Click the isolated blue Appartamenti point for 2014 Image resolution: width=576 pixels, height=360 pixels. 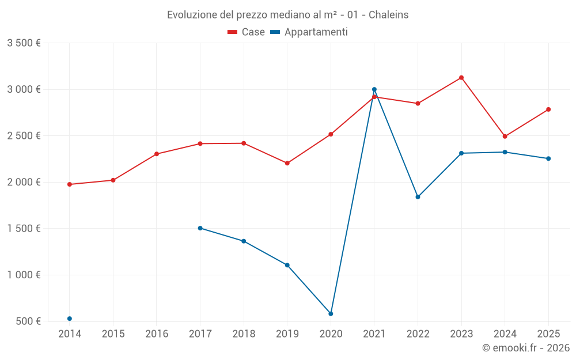pos(70,319)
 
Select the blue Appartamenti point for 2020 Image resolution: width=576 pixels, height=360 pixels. pos(331,314)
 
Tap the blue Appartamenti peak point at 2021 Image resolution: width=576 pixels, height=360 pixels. pos(374,89)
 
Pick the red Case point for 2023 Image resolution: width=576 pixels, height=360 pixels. pos(461,78)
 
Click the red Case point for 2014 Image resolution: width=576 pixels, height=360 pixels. pos(70,184)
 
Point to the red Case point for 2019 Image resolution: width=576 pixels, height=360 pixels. pos(287,163)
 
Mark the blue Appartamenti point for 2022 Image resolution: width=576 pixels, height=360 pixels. pos(418,197)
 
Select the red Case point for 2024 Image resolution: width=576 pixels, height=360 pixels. pos(505,137)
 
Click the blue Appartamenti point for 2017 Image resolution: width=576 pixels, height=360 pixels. pos(200,228)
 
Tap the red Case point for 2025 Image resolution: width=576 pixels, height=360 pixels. pos(548,109)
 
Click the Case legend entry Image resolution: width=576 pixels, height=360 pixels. pos(247,32)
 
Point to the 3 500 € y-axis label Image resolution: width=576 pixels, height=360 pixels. pos(24,43)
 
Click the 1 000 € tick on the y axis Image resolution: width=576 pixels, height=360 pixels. pos(24,275)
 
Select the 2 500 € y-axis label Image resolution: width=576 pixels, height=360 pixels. pos(24,136)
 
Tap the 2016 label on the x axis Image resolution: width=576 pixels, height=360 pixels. pos(157,334)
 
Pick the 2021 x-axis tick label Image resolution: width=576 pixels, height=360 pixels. pos(374,334)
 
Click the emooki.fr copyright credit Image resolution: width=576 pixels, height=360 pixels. pos(526,348)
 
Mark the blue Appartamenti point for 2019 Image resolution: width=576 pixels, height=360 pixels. pos(287,265)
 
